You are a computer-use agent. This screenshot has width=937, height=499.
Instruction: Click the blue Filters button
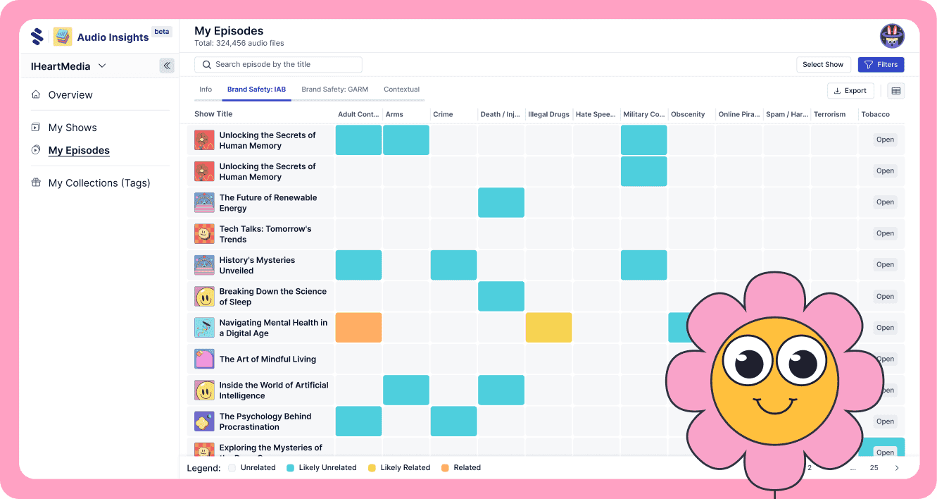point(881,64)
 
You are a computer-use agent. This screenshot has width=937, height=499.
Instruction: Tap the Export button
point(850,90)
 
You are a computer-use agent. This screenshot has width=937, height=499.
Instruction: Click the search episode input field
point(278,64)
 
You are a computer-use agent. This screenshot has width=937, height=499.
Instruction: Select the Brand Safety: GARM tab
point(334,90)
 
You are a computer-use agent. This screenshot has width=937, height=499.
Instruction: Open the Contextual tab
point(401,90)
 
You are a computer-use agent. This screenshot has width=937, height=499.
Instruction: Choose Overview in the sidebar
point(70,94)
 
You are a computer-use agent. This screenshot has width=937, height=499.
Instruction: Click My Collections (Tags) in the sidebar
point(99,183)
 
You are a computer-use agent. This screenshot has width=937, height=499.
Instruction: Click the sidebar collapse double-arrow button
point(167,66)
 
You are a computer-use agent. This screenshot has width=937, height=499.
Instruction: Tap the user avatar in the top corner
point(892,36)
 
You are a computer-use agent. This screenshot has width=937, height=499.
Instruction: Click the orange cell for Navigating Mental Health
point(358,328)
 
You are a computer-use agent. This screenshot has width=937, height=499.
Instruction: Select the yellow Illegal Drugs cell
point(548,328)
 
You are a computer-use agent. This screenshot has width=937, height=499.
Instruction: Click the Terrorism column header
point(829,114)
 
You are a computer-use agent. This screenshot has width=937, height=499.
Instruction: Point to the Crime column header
point(443,114)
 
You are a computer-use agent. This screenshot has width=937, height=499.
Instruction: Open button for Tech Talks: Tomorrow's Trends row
point(885,233)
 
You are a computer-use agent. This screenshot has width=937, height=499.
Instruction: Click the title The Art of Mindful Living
point(268,359)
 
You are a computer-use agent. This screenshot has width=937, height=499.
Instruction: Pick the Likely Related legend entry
point(405,467)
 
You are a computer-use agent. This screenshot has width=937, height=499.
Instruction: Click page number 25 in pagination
point(874,467)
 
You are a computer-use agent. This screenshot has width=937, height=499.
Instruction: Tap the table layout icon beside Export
point(895,90)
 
